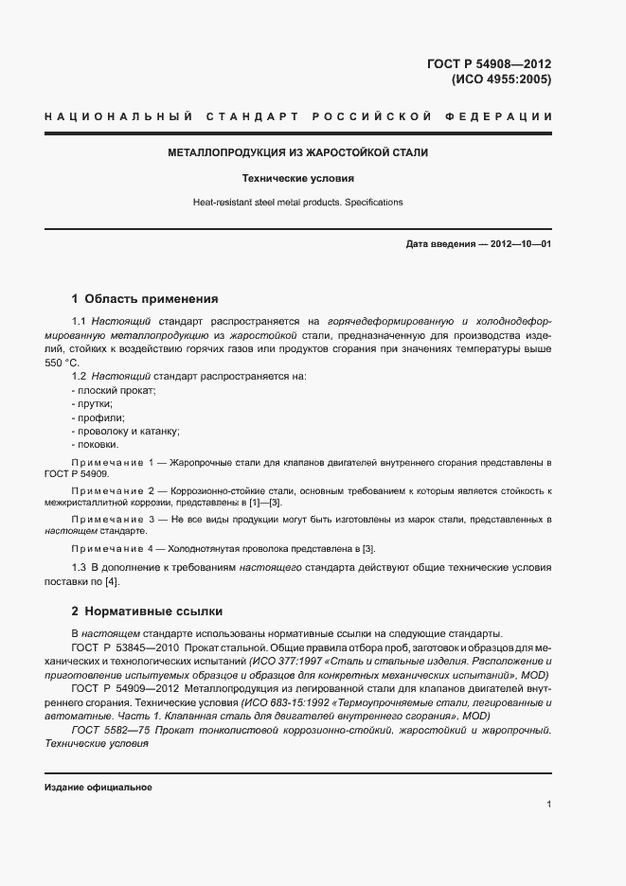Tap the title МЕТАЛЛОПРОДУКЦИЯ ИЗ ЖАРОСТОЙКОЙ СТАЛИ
(297, 152)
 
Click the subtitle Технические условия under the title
(297, 178)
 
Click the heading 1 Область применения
(145, 298)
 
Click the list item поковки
(96, 444)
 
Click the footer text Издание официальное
(98, 788)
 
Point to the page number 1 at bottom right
(549, 805)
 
